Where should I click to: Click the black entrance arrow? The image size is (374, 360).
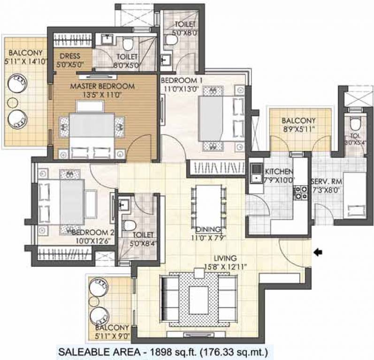click(x=318, y=252)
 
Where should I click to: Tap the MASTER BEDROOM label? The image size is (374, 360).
click(x=102, y=86)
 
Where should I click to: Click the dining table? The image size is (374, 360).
click(x=208, y=206)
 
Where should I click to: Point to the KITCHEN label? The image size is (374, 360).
click(x=279, y=172)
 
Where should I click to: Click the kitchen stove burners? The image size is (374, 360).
click(x=301, y=193)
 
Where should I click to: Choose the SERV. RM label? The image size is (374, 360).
click(x=327, y=181)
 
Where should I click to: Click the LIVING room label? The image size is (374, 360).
click(x=225, y=258)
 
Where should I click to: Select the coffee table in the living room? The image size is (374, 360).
click(x=198, y=300)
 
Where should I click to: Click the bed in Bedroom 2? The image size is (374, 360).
click(x=61, y=202)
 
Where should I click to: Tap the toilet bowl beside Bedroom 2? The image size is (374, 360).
click(x=129, y=225)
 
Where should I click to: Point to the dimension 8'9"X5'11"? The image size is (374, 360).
click(x=298, y=129)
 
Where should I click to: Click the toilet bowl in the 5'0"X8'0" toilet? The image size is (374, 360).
click(x=171, y=40)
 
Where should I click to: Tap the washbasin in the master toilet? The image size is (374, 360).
click(x=108, y=39)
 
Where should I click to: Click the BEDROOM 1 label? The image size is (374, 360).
click(x=182, y=81)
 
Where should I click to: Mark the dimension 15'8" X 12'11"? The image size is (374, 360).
click(x=225, y=267)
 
